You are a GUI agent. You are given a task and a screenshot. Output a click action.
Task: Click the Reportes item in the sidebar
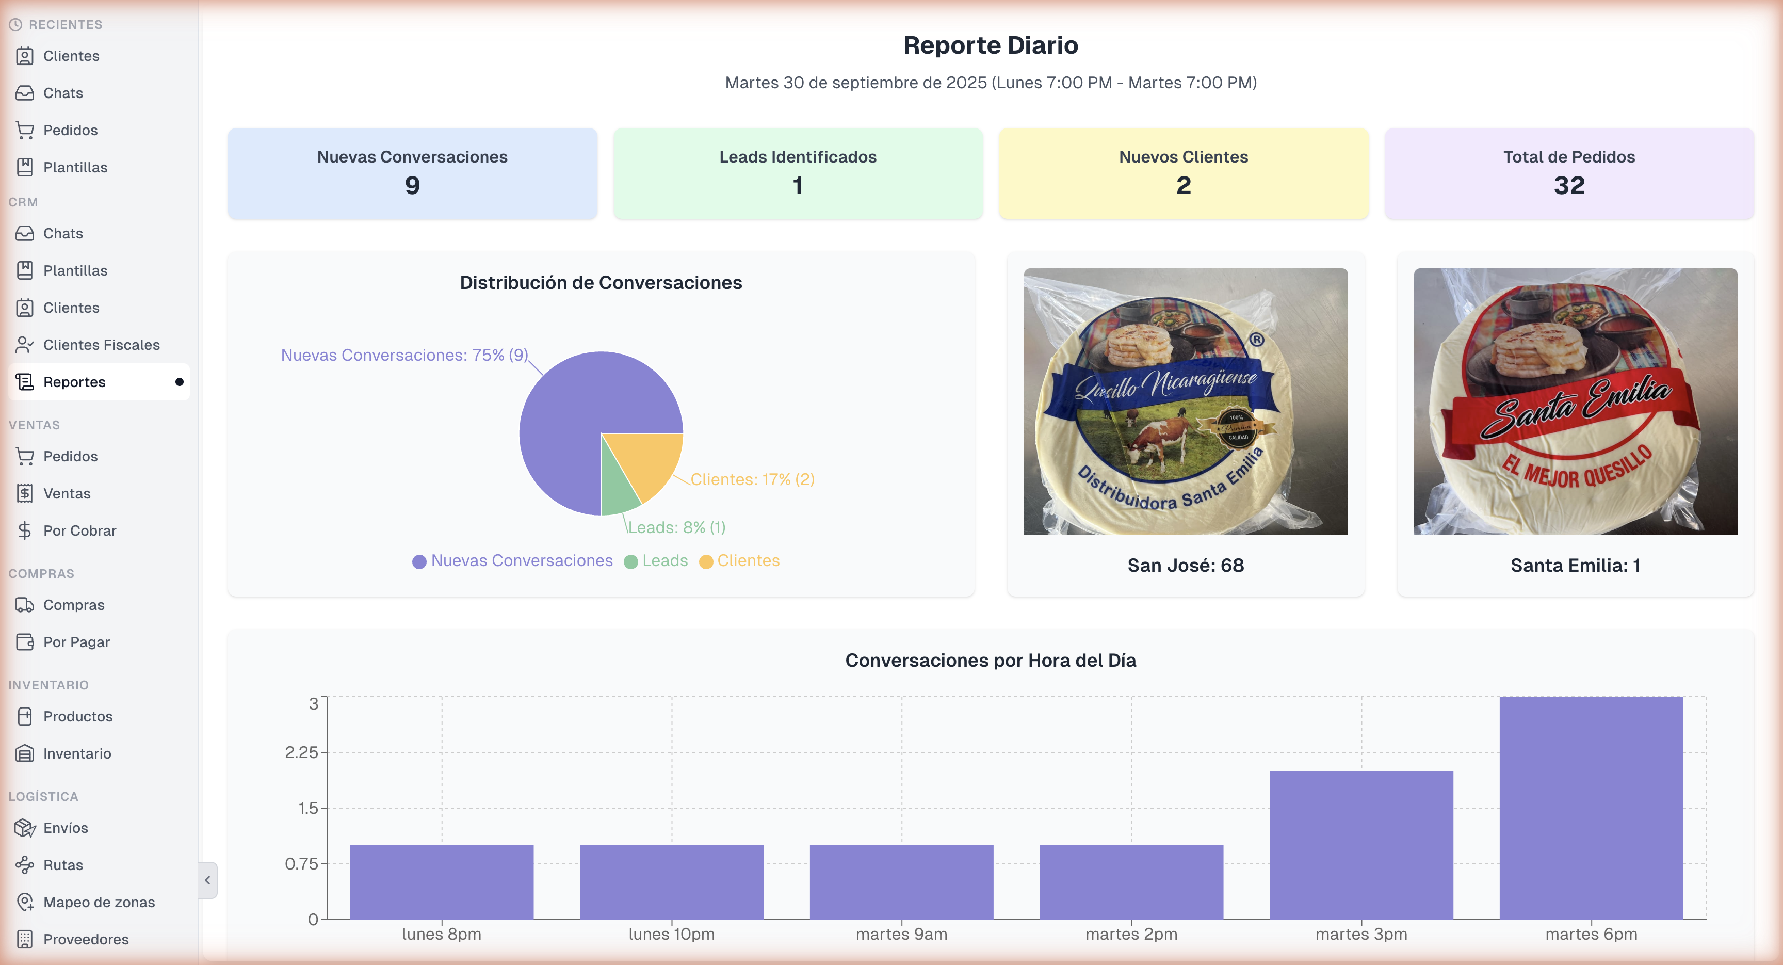click(x=74, y=382)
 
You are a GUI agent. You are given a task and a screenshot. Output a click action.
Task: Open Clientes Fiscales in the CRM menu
click(x=101, y=345)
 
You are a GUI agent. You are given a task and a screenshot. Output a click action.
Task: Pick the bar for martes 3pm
click(x=1361, y=845)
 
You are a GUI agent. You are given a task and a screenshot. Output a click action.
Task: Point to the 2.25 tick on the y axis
click(x=301, y=752)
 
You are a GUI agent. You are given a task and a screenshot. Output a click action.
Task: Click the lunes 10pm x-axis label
click(x=671, y=934)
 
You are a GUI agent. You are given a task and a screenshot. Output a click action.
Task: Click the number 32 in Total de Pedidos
click(x=1568, y=186)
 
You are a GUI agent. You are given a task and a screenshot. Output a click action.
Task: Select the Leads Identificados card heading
click(x=798, y=157)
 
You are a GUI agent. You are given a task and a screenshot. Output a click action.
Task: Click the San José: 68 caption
click(x=1185, y=566)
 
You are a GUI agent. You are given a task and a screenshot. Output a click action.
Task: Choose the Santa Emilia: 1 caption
click(x=1575, y=566)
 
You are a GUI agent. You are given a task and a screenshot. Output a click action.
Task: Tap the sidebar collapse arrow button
click(x=207, y=880)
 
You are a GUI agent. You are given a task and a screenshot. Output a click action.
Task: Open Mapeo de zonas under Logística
click(x=99, y=902)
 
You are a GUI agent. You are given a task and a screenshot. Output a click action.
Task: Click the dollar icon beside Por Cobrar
click(x=25, y=531)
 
